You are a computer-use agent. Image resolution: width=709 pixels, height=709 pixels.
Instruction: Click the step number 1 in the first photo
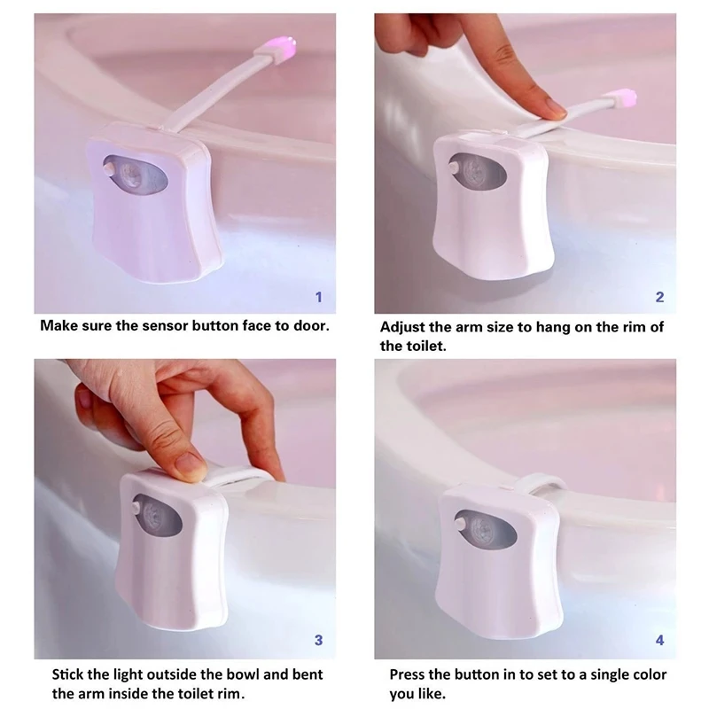coord(319,297)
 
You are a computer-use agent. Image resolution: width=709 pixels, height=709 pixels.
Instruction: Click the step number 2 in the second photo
coord(659,297)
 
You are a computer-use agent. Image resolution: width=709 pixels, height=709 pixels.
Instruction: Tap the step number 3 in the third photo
coord(319,639)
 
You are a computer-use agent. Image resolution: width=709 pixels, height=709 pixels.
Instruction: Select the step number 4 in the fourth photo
coord(659,639)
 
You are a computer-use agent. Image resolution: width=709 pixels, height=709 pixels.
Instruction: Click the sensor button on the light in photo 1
coord(109,165)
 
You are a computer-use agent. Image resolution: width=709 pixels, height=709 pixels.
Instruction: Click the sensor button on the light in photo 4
coord(461,524)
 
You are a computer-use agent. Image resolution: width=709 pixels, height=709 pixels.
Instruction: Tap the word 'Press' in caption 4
coord(409,675)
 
